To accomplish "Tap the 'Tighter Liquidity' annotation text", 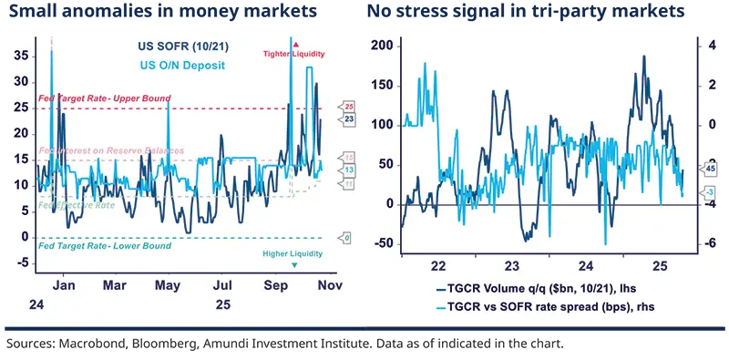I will pos(293,54).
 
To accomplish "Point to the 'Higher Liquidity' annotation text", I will pos(293,252).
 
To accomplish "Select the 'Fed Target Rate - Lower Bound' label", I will pos(95,245).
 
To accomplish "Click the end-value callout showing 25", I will pos(348,108).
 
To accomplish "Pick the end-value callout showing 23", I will pos(348,118).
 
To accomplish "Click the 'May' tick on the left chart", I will pos(167,285).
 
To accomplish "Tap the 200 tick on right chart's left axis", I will pos(381,46).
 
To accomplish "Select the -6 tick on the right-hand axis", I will pos(705,243).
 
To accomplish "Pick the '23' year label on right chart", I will pos(513,265).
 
